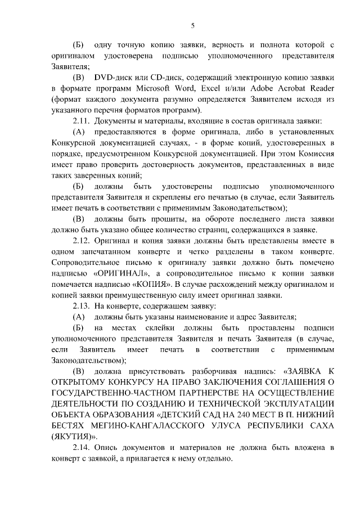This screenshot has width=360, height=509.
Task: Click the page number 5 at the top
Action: pyautogui.click(x=193, y=25)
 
